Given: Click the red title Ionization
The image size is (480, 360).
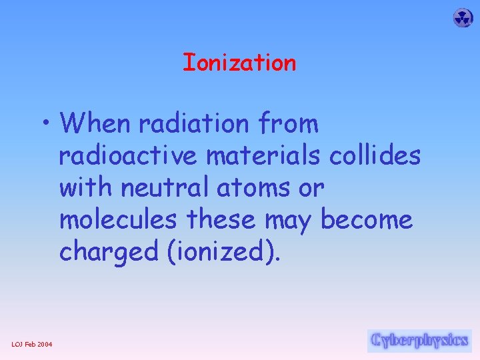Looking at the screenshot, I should pos(239,63).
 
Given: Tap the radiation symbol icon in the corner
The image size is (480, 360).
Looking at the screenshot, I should pos(463,18).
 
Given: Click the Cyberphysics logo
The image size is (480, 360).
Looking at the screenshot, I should pos(419,341).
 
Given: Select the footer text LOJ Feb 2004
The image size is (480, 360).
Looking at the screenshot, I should pos(33,344).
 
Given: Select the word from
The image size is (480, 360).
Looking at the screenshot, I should pos(291,123).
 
